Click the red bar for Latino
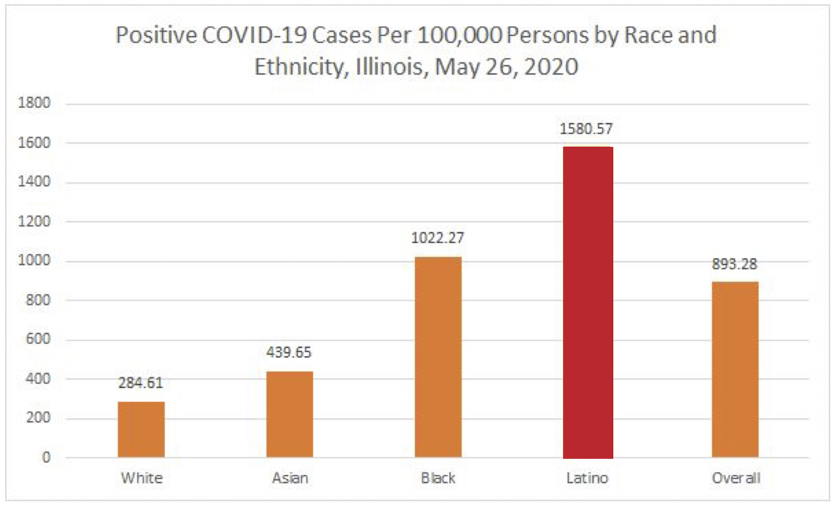coord(588,302)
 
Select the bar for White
coord(141,429)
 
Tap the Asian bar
coord(290,414)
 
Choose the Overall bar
coord(735,369)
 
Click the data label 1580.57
coord(586,129)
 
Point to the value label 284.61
coord(140,383)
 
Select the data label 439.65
coord(289,353)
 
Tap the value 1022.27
coord(437,237)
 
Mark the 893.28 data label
coord(734,264)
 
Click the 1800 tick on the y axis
coord(34,103)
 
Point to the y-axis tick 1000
coord(34,260)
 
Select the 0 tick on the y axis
coord(46,457)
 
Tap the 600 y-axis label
coord(38,339)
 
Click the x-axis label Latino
coord(587,478)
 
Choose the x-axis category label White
coord(141,478)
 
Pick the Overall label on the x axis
coord(735,478)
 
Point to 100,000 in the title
coord(459,35)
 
